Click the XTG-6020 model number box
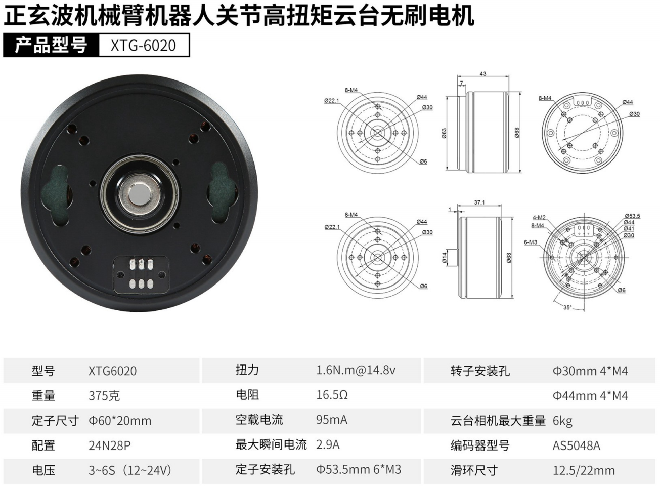[x=144, y=45]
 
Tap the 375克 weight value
[x=104, y=395]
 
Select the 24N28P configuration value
[x=109, y=445]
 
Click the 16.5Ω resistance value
[x=332, y=395]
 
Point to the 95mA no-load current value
[x=331, y=420]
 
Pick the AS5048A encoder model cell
[x=576, y=445]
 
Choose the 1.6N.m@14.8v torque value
[x=356, y=370]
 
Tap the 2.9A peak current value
[x=328, y=444]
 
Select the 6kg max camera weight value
[x=562, y=421]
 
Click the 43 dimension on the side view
[x=482, y=74]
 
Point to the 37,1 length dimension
[x=479, y=202]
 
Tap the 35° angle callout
[x=567, y=307]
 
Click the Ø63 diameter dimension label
[x=445, y=133]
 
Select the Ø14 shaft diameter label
[x=445, y=258]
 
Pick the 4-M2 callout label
[x=539, y=217]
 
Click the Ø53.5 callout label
[x=632, y=216]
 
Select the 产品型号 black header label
[x=51, y=45]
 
